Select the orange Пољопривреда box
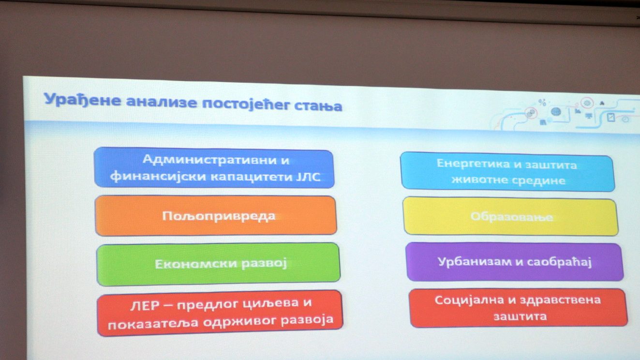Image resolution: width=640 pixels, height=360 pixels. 216,216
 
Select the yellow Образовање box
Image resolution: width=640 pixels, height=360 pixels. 511,217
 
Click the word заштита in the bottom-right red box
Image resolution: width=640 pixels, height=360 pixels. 520,316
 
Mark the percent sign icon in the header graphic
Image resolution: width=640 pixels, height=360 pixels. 542,102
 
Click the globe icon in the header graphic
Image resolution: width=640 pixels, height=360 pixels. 556,111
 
